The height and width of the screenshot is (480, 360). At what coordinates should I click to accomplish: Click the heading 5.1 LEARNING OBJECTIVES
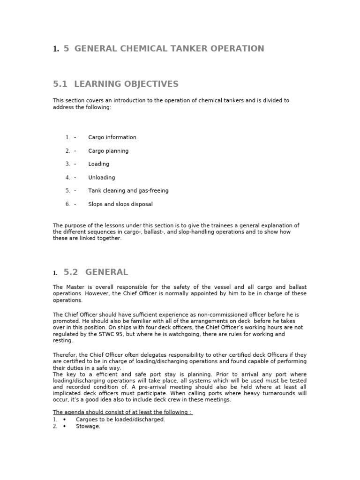(116, 84)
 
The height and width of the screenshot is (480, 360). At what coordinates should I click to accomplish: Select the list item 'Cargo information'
(112, 137)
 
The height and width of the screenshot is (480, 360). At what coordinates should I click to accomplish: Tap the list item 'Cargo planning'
(108, 151)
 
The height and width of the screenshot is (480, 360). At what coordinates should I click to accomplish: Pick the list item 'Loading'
(98, 164)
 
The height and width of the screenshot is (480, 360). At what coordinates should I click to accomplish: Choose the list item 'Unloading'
(101, 178)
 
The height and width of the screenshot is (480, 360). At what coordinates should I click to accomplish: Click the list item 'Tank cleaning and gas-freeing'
(128, 191)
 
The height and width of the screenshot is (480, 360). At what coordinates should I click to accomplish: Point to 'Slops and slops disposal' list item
(120, 204)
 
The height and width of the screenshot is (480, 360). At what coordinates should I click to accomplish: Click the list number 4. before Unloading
(67, 178)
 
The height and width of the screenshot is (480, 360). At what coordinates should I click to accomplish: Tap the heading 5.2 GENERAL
(95, 272)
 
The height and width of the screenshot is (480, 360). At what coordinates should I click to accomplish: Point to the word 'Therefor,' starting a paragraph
(65, 355)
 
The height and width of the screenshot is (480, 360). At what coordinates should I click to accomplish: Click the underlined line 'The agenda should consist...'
(123, 412)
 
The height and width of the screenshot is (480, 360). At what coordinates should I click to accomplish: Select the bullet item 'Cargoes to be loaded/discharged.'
(120, 420)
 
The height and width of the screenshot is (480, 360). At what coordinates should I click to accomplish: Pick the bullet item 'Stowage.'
(88, 427)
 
